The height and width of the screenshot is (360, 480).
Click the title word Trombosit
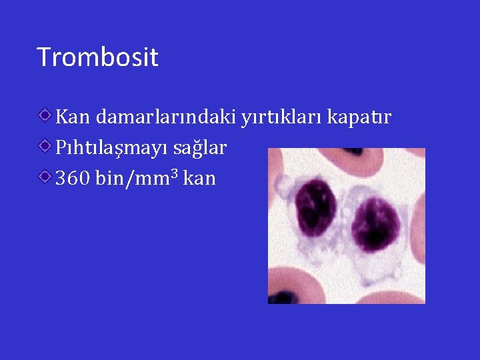[x=97, y=57]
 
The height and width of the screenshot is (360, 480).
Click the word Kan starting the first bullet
[x=73, y=117]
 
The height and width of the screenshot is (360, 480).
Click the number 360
[x=73, y=179]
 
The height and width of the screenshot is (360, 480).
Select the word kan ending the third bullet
[x=199, y=179]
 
